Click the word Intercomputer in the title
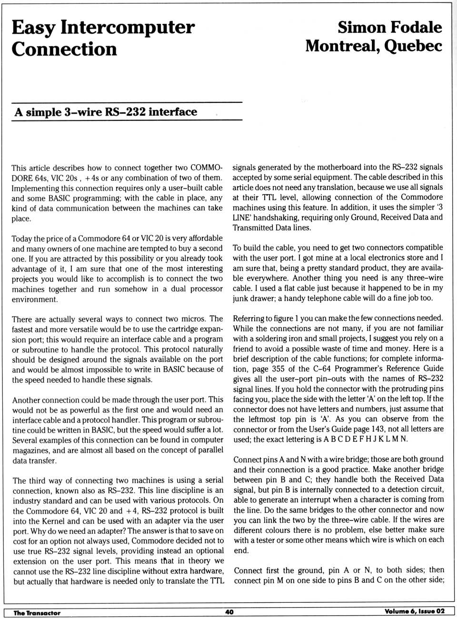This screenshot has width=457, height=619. (x=128, y=28)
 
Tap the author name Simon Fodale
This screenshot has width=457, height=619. (x=390, y=27)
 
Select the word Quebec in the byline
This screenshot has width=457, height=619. (x=413, y=46)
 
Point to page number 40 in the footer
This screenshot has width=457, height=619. (x=229, y=611)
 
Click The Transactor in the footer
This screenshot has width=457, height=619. (x=37, y=612)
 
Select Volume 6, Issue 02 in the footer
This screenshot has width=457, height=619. (x=414, y=611)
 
